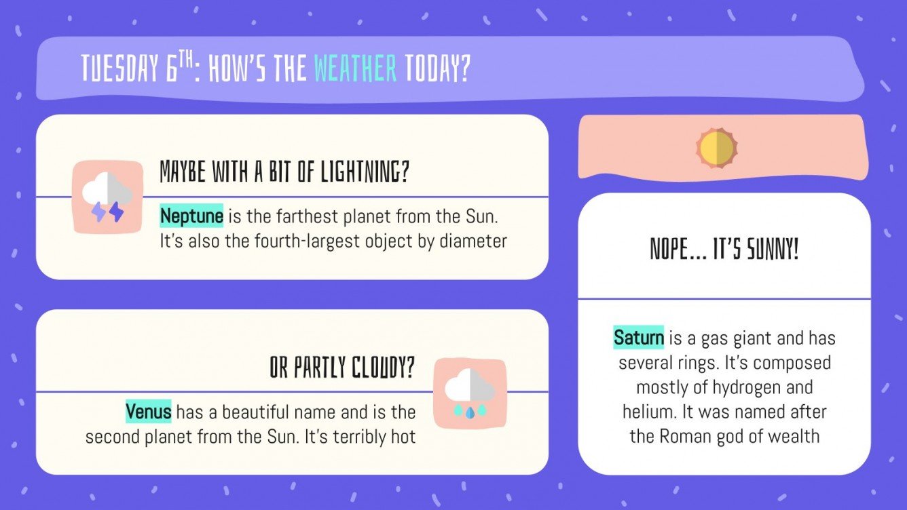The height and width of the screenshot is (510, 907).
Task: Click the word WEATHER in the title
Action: coord(355,68)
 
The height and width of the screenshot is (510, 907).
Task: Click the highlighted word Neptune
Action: coord(191,217)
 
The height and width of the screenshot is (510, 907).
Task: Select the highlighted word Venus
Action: coord(148,412)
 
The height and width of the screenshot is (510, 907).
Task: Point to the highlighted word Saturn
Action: coord(638,337)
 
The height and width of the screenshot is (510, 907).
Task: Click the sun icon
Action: coord(716,147)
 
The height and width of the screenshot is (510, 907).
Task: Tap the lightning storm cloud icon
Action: coord(107,197)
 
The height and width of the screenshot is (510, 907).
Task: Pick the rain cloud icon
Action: coord(470,394)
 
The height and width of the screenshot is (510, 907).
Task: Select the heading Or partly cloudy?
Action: coord(341,369)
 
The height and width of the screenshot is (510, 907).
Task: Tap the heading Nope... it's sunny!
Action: coord(724,250)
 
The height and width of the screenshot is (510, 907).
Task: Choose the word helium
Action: coord(647,412)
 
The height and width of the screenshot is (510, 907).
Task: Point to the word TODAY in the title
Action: coord(437,68)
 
